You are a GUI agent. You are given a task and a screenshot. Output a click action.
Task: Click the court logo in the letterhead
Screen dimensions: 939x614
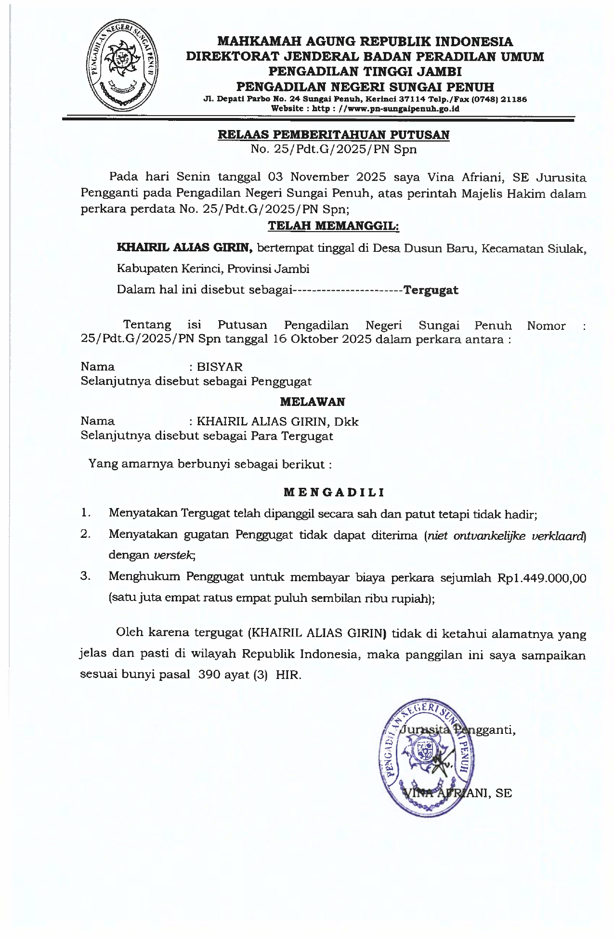122,66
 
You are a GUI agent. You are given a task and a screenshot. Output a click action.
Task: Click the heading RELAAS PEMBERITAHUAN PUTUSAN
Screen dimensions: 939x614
334,135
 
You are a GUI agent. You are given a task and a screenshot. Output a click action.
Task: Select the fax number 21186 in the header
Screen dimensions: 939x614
514,100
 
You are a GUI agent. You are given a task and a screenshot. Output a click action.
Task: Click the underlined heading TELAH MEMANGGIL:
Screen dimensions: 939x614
333,225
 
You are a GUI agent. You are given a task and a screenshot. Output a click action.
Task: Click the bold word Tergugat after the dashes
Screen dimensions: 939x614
431,290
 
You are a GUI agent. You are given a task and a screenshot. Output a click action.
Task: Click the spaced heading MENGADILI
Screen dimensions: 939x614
334,492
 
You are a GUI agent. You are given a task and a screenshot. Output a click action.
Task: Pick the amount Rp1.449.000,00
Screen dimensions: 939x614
541,578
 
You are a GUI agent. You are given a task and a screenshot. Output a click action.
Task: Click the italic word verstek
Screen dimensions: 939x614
174,555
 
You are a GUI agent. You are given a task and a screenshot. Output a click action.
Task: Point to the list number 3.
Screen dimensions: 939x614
86,576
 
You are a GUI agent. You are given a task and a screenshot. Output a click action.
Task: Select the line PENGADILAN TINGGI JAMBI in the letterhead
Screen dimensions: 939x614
365,72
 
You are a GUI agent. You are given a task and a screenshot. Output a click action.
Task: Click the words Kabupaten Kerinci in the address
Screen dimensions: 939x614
168,269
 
